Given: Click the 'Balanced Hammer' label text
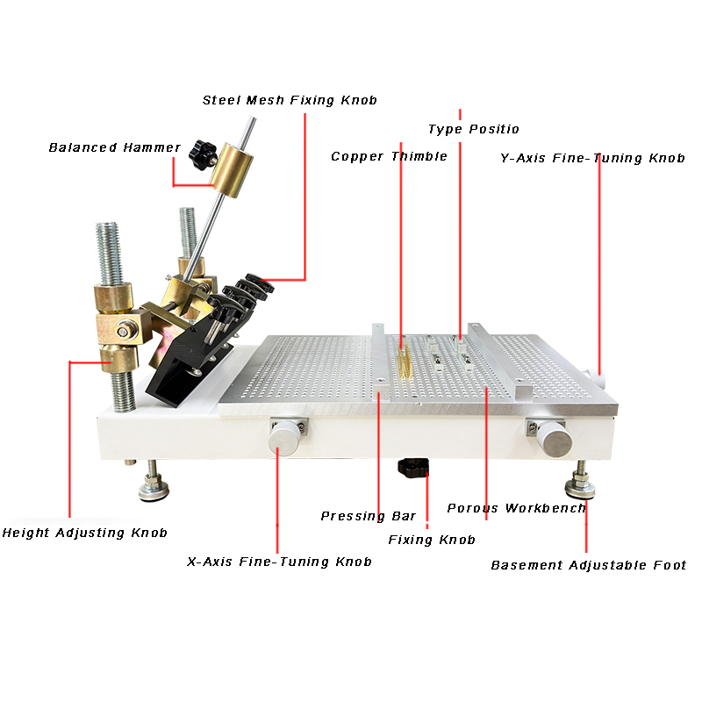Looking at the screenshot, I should pyautogui.click(x=114, y=147).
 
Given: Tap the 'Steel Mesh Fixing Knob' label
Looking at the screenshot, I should pyautogui.click(x=290, y=100).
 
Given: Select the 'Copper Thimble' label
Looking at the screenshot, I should pyautogui.click(x=389, y=156).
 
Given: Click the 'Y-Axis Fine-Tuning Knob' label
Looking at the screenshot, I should pyautogui.click(x=592, y=159).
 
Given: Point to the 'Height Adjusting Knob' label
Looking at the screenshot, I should pyautogui.click(x=84, y=533).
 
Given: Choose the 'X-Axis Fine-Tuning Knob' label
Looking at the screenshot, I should pyautogui.click(x=279, y=562).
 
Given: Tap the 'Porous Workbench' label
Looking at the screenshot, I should pyautogui.click(x=516, y=508).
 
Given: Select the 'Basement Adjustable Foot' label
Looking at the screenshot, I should pyautogui.click(x=588, y=565).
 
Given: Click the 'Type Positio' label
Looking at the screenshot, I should pyautogui.click(x=473, y=129).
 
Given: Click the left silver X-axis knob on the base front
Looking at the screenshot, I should pyautogui.click(x=285, y=436).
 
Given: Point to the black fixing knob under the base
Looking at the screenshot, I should pyautogui.click(x=413, y=468).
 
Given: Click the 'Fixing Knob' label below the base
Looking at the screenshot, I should pyautogui.click(x=432, y=540).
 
